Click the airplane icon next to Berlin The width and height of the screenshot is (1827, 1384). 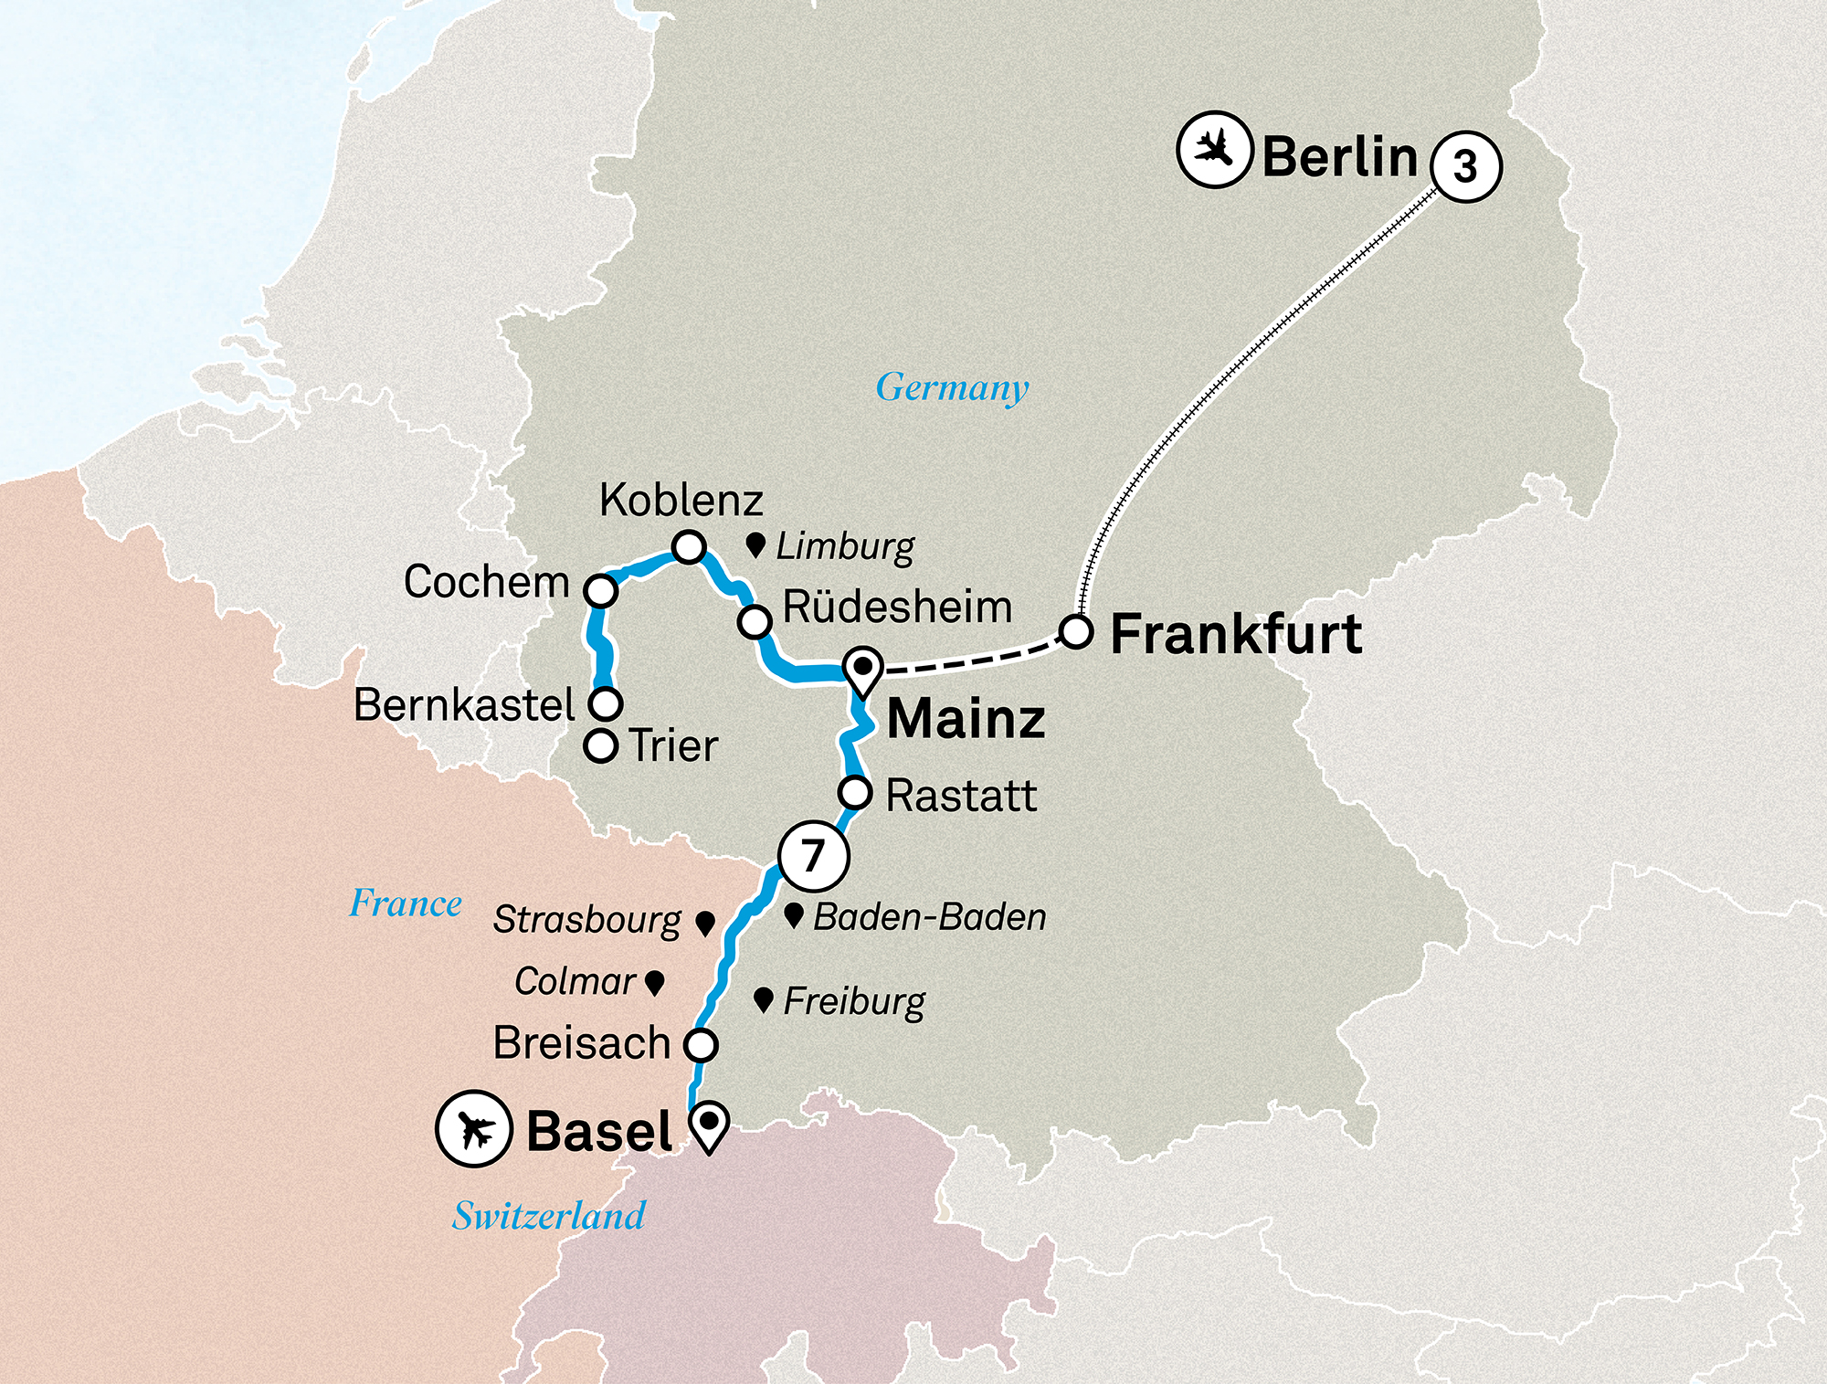1213,149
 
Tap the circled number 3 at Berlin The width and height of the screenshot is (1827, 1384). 1465,165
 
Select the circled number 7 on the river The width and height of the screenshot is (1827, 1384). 813,856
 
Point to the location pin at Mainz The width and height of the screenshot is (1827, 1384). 862,670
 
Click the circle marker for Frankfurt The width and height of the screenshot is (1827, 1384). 1076,632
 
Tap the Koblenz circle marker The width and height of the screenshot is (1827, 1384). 689,547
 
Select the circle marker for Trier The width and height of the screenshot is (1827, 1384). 600,745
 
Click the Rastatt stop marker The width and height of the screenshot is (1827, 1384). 855,792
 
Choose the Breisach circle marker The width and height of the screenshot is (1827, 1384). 701,1044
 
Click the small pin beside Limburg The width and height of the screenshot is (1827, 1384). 755,545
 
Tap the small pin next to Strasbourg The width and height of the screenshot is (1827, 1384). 704,923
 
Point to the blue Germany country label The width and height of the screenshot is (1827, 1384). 952,387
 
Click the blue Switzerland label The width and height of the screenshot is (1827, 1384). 549,1216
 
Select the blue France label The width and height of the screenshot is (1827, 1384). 406,903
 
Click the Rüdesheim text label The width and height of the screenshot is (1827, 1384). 897,607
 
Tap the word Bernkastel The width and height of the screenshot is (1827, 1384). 464,705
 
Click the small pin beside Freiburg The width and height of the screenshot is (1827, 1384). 764,999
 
